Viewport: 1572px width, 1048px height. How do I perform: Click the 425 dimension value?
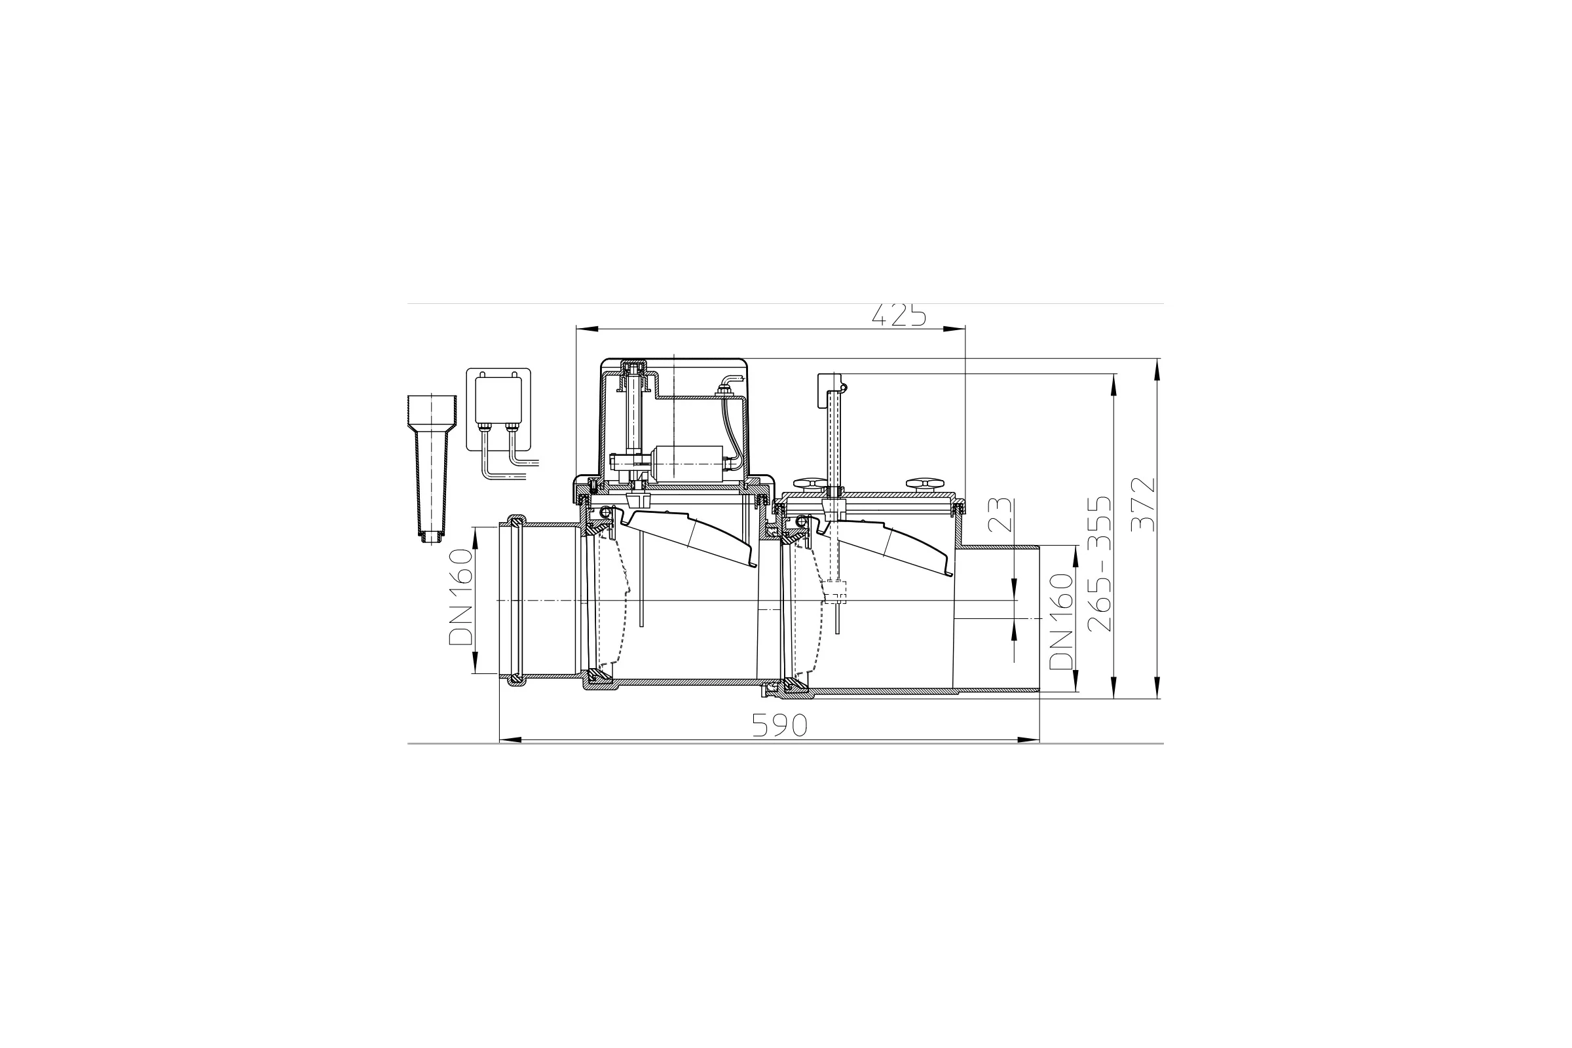[x=899, y=315]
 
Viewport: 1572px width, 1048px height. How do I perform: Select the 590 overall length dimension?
[x=780, y=725]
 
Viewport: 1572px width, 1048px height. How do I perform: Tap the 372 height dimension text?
[x=1144, y=504]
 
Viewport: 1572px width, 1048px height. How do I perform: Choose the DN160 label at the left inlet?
[x=460, y=597]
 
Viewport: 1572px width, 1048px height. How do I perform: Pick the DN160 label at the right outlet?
[x=1060, y=622]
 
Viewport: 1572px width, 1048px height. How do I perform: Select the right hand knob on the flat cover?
[x=922, y=484]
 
